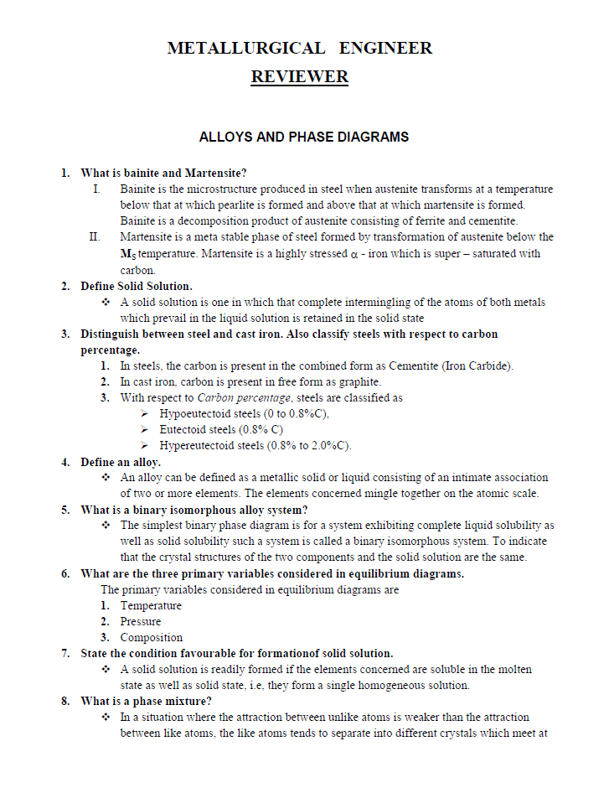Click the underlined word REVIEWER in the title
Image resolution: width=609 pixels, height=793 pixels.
[x=299, y=77]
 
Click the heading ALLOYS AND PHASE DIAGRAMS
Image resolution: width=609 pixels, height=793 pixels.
[x=304, y=137]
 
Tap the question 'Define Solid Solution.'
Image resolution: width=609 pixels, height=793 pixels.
[x=137, y=287]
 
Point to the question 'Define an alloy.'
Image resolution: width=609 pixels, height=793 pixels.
[x=121, y=462]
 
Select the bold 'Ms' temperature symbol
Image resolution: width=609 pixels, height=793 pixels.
[x=127, y=254]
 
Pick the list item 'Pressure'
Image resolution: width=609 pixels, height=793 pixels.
[x=141, y=621]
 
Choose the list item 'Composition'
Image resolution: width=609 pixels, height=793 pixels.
[x=151, y=637]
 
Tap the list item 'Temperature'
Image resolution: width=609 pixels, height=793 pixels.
[x=151, y=605]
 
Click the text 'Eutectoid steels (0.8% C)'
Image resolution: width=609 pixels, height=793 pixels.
[x=221, y=429]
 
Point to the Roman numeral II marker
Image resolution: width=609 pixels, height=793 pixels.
[x=95, y=237]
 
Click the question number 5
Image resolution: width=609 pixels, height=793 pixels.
[x=65, y=510]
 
